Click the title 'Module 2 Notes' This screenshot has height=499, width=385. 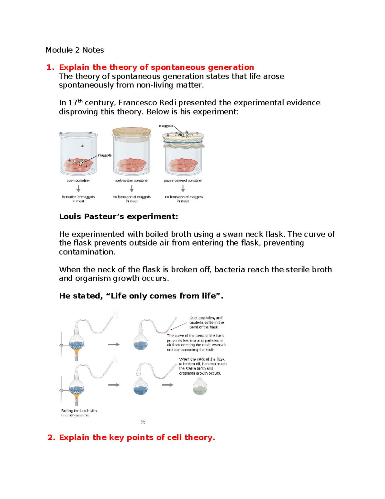pyautogui.click(x=74, y=50)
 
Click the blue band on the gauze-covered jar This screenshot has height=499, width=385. pyautogui.click(x=183, y=142)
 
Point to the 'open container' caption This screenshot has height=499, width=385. pyautogui.click(x=78, y=181)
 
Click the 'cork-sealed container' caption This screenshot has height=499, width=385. pyautogui.click(x=132, y=181)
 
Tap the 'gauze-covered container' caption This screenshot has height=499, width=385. pyautogui.click(x=183, y=181)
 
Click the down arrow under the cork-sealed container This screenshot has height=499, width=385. pyautogui.click(x=132, y=189)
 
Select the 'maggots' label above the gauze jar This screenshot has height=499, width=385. pyautogui.click(x=166, y=126)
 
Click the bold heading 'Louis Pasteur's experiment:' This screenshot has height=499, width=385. pyautogui.click(x=118, y=217)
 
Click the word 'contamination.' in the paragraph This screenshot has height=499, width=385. pyautogui.click(x=87, y=252)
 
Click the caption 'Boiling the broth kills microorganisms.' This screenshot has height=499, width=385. pyautogui.click(x=79, y=413)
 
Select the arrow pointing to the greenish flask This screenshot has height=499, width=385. pyautogui.click(x=167, y=385)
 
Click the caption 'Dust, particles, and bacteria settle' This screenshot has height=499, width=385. pyautogui.click(x=206, y=322)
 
